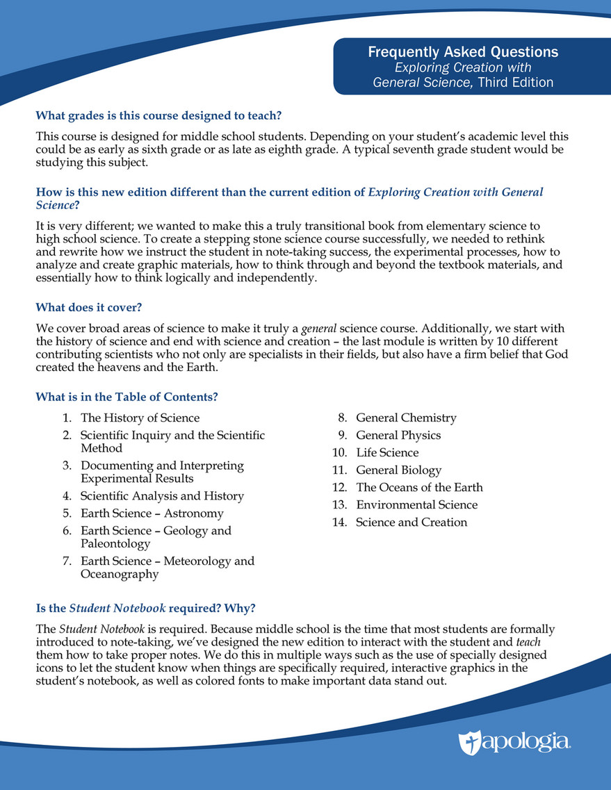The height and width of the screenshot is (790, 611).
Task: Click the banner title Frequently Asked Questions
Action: tap(462, 52)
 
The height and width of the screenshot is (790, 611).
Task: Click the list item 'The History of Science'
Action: tap(140, 418)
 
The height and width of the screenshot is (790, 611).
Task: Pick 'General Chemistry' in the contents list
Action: tap(406, 418)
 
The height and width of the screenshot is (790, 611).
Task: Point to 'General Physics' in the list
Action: tap(398, 435)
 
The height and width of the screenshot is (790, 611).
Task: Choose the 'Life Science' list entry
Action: tap(387, 452)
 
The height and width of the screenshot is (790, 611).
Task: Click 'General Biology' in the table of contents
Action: tap(398, 470)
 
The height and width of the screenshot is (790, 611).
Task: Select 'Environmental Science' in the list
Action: tap(416, 504)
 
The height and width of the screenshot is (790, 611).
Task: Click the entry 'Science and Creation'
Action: tap(412, 522)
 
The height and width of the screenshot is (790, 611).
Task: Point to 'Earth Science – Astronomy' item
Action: tap(152, 513)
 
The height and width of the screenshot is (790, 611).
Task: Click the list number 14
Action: tap(339, 522)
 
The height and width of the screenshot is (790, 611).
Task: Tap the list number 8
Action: tap(342, 418)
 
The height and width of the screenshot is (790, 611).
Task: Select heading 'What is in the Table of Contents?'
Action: tap(127, 397)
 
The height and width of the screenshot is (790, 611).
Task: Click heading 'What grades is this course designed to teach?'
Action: tap(158, 115)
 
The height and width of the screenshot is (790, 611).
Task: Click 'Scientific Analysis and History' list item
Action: tap(162, 496)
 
